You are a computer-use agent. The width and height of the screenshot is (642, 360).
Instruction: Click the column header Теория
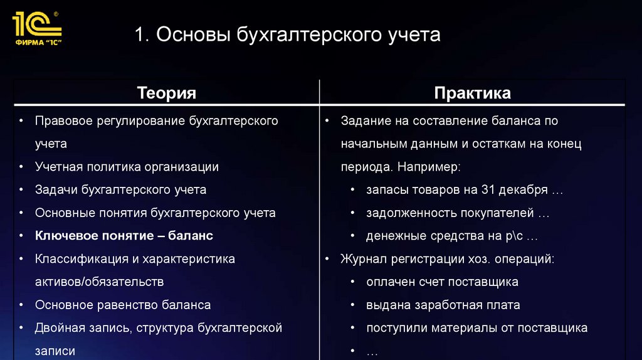167,93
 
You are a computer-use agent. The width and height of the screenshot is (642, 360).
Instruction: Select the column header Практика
472,93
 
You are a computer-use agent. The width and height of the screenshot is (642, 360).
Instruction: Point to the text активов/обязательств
100,282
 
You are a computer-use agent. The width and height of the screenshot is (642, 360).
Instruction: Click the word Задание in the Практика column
365,120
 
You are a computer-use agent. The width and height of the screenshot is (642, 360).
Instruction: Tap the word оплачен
389,282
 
